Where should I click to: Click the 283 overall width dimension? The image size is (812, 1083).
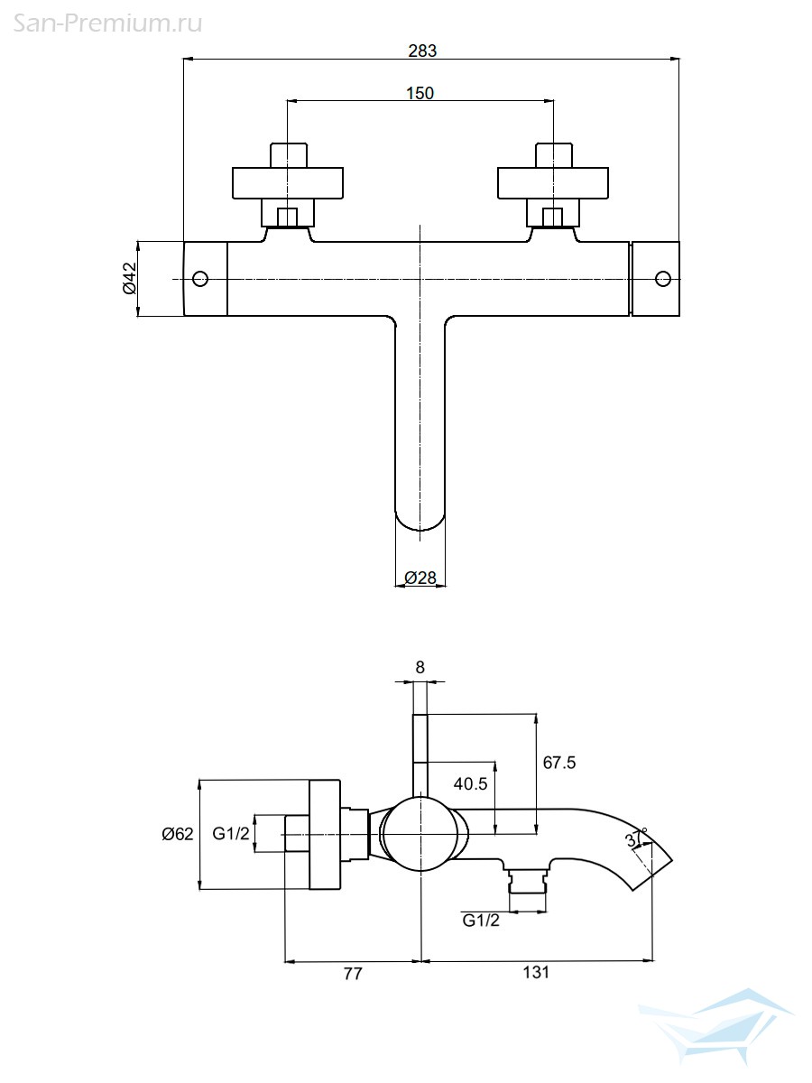[422, 51]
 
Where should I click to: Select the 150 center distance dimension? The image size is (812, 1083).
[420, 93]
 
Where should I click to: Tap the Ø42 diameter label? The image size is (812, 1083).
[130, 279]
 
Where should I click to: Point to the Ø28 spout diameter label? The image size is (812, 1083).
[420, 578]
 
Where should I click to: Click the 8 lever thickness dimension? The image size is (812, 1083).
[420, 667]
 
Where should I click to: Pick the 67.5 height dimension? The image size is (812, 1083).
[559, 763]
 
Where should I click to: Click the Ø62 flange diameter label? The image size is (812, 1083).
[178, 834]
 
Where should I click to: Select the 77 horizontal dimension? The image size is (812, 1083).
[353, 974]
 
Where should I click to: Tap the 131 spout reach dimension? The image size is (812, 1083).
[536, 973]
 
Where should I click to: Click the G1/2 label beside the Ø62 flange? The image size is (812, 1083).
[231, 834]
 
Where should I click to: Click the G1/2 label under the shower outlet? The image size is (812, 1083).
[481, 921]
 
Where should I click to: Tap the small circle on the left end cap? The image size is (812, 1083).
[200, 279]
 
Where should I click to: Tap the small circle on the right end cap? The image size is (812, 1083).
[663, 279]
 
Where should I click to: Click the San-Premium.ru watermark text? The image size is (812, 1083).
[107, 23]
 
